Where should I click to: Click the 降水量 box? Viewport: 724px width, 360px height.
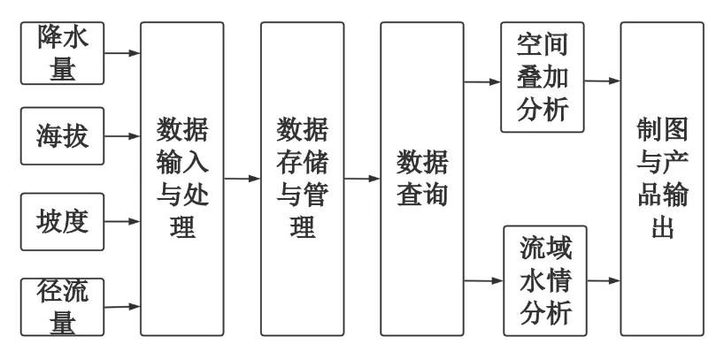63,53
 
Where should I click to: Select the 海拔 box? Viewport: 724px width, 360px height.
63,137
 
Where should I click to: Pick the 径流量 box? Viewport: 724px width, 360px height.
63,306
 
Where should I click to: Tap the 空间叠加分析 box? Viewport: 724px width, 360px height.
543,78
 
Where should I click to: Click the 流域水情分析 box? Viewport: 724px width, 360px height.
543,281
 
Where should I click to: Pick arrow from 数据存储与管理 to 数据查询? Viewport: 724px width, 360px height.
362,180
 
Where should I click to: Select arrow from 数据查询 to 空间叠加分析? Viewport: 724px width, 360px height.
482,83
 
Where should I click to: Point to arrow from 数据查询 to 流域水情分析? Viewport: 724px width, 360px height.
482,282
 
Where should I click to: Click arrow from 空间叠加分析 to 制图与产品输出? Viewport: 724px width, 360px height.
603,81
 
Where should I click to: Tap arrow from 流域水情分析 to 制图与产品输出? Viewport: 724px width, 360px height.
603,282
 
